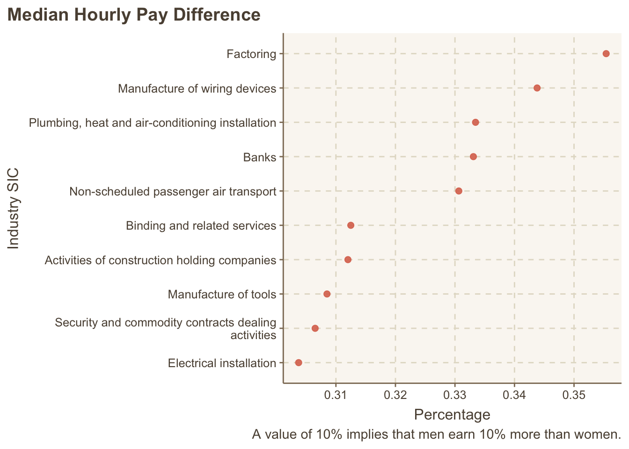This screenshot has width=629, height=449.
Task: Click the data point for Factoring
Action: [606, 54]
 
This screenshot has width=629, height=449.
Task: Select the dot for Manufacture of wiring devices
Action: [537, 88]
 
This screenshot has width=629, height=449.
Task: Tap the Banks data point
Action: [473, 157]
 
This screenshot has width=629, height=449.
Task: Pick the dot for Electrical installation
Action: [299, 362]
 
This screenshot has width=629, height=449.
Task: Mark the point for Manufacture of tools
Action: [327, 294]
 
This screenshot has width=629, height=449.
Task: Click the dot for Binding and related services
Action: [351, 225]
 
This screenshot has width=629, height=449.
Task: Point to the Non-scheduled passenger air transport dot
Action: [459, 191]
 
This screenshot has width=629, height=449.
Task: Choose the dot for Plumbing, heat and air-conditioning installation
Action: [475, 123]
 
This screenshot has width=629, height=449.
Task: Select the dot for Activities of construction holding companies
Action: [348, 260]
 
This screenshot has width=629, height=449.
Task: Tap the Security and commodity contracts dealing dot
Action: [315, 328]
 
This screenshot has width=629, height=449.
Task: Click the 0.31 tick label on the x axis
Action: [336, 395]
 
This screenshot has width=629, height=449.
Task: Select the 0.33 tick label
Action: [455, 395]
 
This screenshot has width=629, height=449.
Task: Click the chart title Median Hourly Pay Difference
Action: [134, 15]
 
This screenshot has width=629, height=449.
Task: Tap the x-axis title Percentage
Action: [452, 415]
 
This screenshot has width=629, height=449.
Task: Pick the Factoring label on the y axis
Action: [251, 54]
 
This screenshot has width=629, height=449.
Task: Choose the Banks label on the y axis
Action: [260, 157]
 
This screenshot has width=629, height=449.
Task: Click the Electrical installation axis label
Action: [222, 363]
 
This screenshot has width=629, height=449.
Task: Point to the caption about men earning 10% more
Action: [436, 435]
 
